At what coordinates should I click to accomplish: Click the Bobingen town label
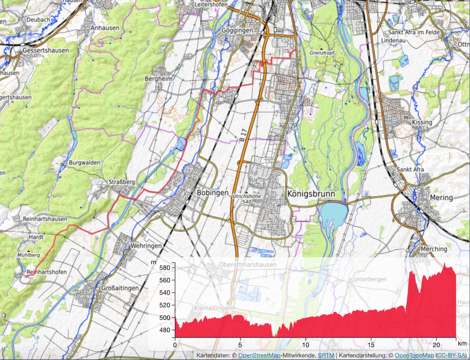click(212, 193)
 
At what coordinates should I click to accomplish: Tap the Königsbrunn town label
click(311, 194)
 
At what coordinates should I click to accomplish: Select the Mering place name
click(441, 198)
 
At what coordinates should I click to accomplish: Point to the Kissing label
click(422, 122)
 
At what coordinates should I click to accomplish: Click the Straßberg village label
click(122, 182)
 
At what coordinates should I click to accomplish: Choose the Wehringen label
click(146, 246)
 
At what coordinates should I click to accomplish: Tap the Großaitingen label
click(120, 288)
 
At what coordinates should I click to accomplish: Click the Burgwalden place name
click(85, 163)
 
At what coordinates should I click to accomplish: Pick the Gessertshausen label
click(46, 50)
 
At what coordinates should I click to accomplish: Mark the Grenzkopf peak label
click(322, 53)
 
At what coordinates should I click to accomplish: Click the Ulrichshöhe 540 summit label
click(247, 199)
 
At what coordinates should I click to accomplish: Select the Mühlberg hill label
click(29, 255)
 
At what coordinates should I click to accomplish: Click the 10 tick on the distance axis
click(305, 345)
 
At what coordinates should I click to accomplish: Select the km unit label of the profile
click(462, 343)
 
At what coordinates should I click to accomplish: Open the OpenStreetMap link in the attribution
click(259, 355)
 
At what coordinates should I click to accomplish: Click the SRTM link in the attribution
click(326, 355)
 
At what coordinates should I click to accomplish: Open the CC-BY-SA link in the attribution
click(451, 355)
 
